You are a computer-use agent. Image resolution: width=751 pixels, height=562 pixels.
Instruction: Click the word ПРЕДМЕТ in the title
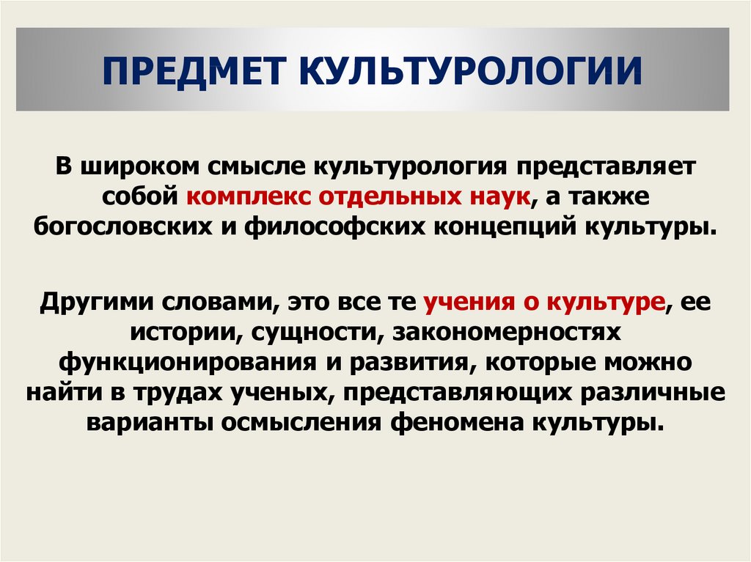point(194,71)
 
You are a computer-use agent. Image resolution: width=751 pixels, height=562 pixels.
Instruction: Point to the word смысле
point(257,166)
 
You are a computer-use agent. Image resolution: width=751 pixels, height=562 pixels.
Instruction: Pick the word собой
point(140,196)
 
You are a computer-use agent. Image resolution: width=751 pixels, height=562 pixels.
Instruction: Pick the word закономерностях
point(507,333)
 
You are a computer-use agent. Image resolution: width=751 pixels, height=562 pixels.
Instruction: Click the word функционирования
point(188,363)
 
